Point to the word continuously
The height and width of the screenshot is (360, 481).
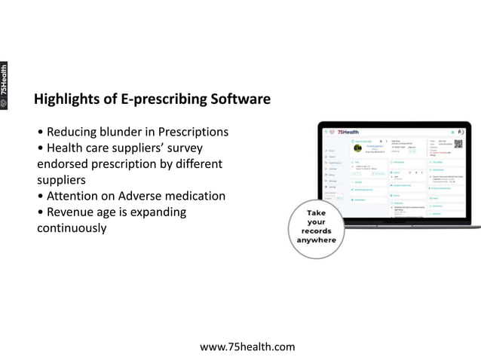tap(72, 227)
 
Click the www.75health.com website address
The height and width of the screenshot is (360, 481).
tap(247, 346)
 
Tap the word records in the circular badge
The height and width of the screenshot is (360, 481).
tap(317, 230)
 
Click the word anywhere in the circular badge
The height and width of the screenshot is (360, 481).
tap(317, 240)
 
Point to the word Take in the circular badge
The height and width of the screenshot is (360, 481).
tap(317, 212)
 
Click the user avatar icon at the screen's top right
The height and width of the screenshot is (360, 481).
tap(461, 131)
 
